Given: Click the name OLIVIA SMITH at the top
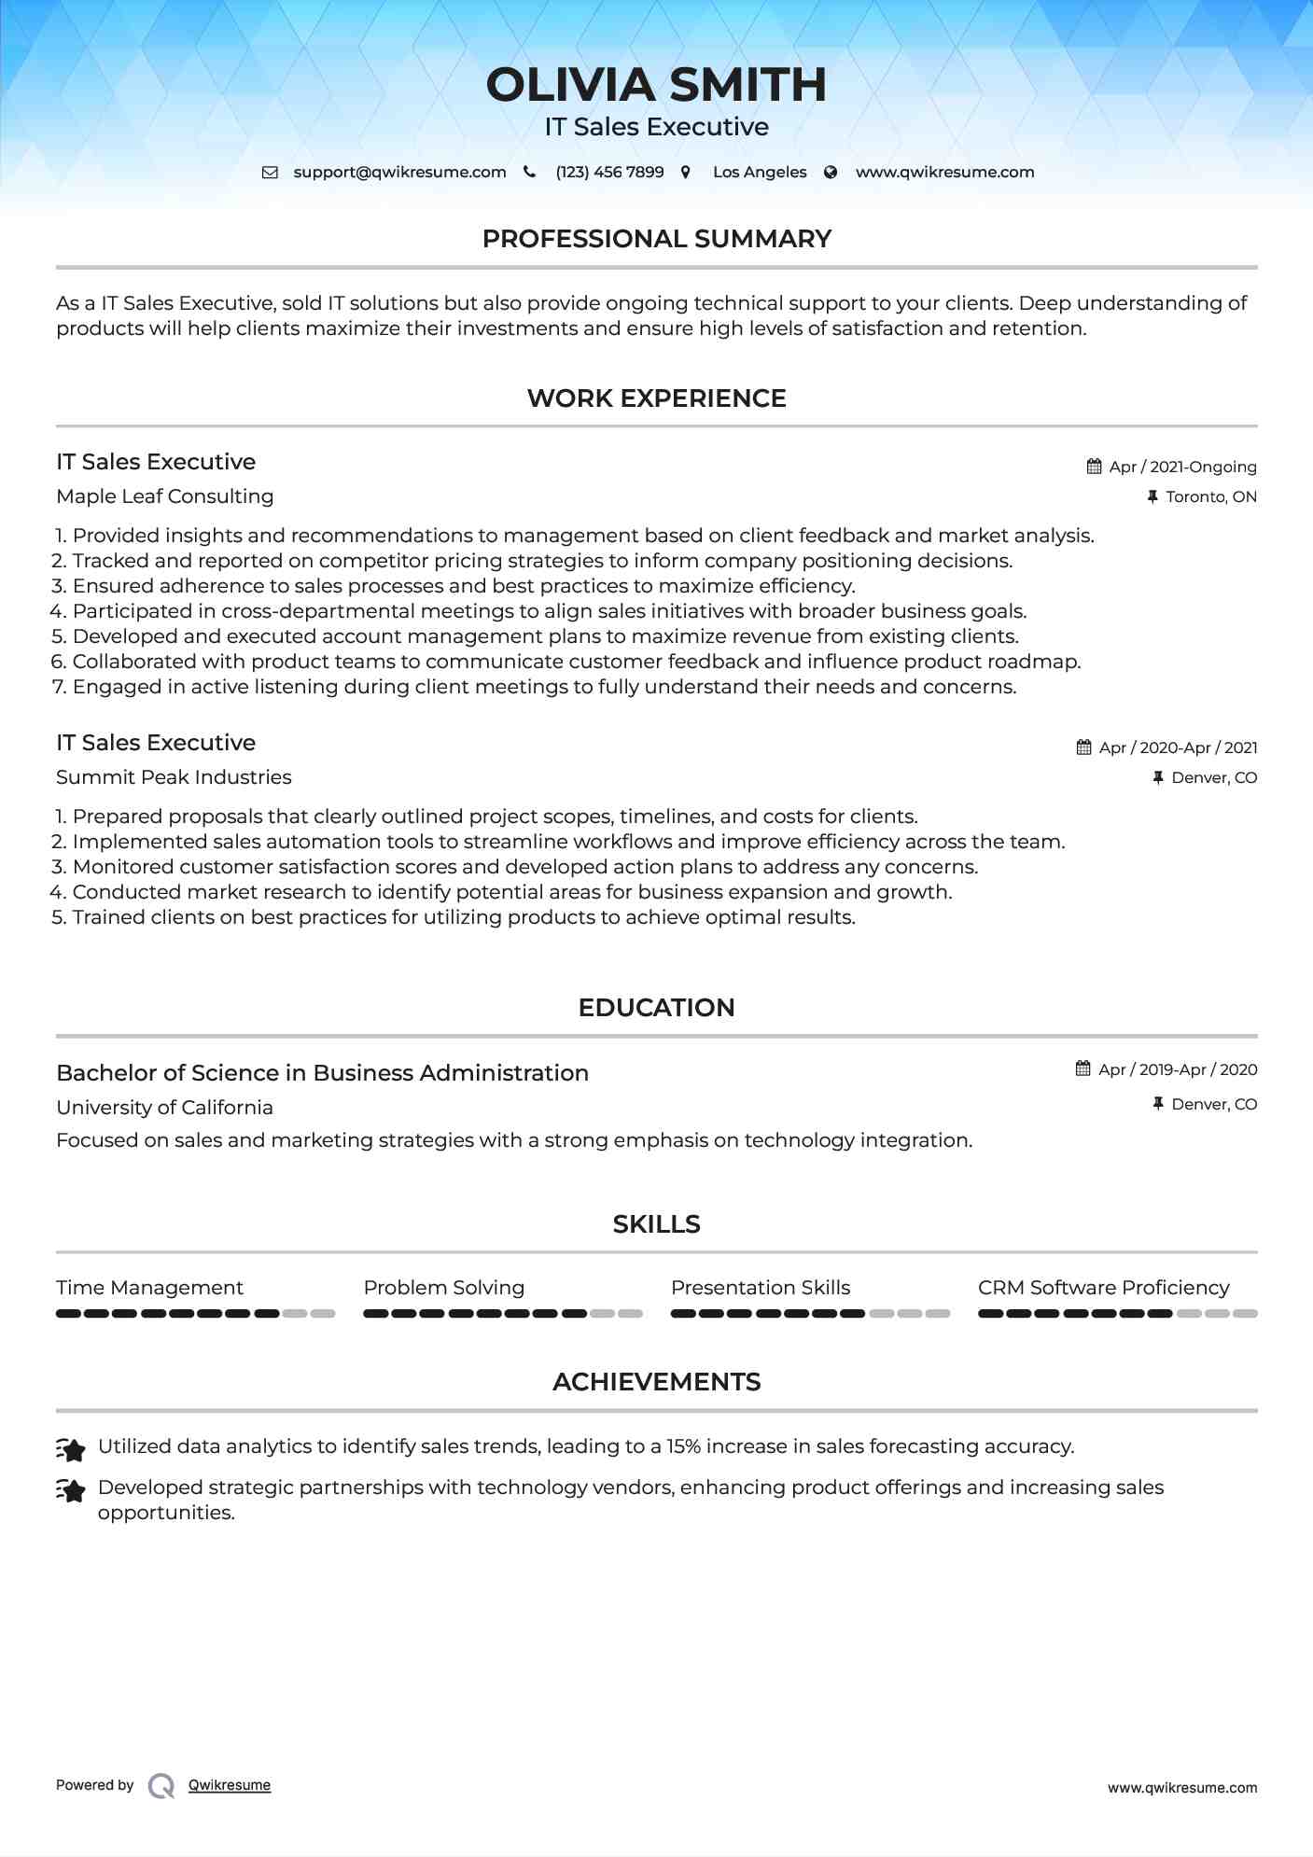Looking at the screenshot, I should click(656, 85).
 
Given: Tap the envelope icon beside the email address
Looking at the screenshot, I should click(270, 173).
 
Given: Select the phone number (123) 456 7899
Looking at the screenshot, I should click(609, 173).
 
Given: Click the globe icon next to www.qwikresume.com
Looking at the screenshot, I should click(831, 173).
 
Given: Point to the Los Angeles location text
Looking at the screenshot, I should click(760, 173).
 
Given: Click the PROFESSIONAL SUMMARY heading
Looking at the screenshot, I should click(656, 239).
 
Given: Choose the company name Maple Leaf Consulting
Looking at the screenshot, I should click(165, 496).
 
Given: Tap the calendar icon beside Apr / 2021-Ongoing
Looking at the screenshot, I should click(1094, 467).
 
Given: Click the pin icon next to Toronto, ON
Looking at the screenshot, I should click(1152, 496).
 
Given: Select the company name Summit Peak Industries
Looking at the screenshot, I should click(174, 777).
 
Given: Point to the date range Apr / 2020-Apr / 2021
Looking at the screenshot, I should click(1178, 747).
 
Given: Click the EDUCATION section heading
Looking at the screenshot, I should click(656, 1008).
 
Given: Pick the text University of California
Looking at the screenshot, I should click(164, 1108).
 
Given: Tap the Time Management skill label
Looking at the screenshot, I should click(149, 1288).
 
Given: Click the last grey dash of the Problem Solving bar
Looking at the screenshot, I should click(631, 1314).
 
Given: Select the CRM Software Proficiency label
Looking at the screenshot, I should click(1103, 1288).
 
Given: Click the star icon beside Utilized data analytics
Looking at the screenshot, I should click(71, 1449).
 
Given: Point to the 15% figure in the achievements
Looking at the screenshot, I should click(683, 1446).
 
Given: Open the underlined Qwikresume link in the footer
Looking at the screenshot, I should click(230, 1785).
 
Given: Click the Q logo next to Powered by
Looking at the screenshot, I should click(161, 1785).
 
